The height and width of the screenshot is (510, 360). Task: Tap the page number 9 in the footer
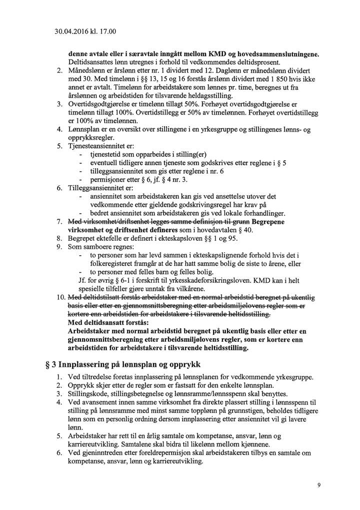click(x=318, y=485)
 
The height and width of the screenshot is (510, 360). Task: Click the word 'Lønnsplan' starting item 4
click(x=84, y=130)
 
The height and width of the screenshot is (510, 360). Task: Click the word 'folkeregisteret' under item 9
click(x=111, y=264)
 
